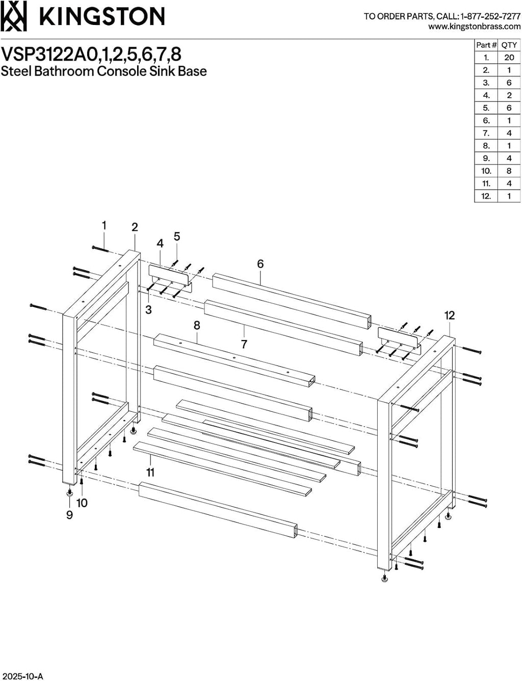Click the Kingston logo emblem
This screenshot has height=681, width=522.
click(x=13, y=16)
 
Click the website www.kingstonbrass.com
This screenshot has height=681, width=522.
click(x=475, y=27)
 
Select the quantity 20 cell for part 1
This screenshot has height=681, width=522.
click(x=509, y=58)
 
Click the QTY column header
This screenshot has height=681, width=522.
click(x=509, y=45)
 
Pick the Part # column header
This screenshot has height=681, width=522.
click(x=486, y=45)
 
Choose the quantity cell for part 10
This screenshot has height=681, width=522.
click(x=509, y=171)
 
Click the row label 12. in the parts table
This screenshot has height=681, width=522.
click(x=486, y=196)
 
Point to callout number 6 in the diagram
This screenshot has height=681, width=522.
click(x=260, y=264)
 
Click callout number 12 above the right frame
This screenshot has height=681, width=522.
click(x=449, y=316)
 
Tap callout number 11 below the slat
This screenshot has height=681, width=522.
click(x=150, y=473)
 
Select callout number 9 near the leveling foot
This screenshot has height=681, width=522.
click(x=69, y=515)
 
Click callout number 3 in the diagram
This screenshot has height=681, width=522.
click(x=148, y=309)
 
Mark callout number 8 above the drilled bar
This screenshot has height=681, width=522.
click(x=197, y=325)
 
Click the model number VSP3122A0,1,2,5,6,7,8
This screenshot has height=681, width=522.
click(x=91, y=54)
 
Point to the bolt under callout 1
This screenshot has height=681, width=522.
click(x=100, y=249)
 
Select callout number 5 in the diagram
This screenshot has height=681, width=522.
click(x=177, y=237)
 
